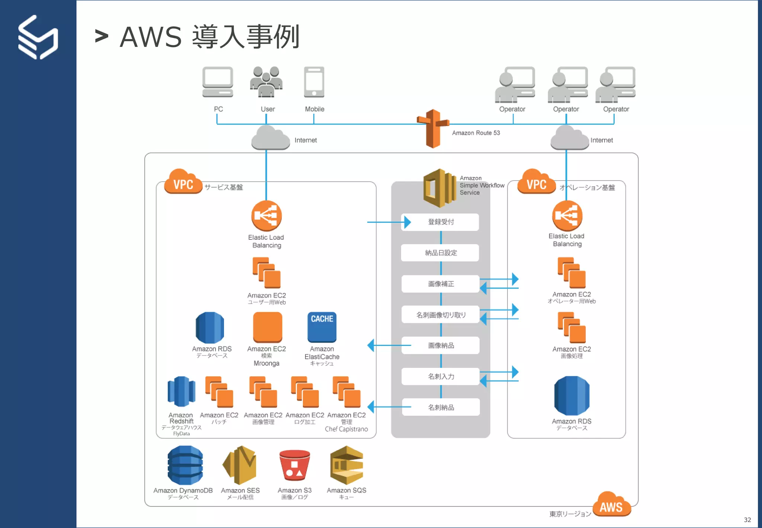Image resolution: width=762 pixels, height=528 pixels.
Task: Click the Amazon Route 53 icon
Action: [433, 128]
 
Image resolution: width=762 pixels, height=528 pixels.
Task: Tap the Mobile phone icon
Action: [314, 82]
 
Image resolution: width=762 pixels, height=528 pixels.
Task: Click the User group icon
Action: [266, 82]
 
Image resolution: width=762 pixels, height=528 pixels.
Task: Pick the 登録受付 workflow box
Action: [440, 222]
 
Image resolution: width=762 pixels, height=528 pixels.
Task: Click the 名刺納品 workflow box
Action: [441, 407]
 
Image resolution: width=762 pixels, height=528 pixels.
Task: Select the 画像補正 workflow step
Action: [441, 284]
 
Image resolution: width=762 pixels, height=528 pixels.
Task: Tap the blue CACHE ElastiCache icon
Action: [322, 327]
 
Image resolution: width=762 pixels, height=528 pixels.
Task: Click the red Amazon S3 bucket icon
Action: [294, 465]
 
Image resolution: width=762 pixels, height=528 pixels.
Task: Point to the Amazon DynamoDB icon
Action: [185, 465]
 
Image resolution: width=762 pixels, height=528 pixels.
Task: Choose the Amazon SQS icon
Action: [346, 465]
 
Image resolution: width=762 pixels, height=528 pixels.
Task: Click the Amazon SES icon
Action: [240, 465]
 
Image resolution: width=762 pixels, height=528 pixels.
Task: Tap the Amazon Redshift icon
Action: [181, 391]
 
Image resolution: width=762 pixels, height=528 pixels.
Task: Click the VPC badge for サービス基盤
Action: [183, 182]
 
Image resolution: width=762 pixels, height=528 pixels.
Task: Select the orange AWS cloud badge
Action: [611, 505]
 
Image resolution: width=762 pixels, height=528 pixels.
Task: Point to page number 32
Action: [747, 520]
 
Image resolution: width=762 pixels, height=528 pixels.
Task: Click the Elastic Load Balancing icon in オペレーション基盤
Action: [567, 216]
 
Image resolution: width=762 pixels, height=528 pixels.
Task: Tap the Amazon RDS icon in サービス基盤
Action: [210, 328]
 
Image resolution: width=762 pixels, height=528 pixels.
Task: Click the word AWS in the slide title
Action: [151, 37]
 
